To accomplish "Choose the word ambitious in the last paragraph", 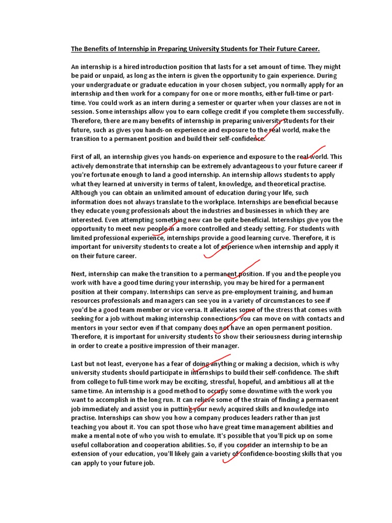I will click(290, 382).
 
